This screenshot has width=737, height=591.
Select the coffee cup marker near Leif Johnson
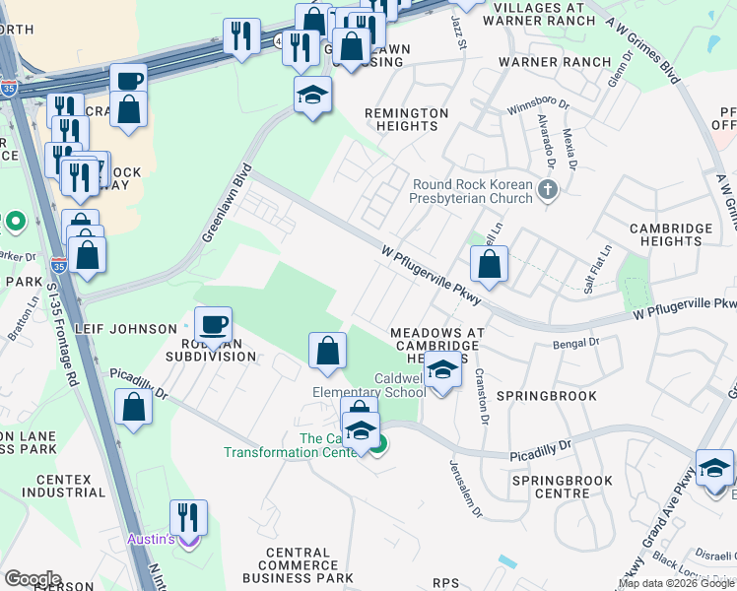pos(213,325)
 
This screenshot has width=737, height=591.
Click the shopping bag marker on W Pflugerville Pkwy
pos(489,265)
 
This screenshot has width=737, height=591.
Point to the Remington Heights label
pos(406,119)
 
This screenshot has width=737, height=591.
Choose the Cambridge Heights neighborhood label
pos(670,235)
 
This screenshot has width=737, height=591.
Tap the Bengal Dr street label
pos(577,343)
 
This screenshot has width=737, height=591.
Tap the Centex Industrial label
pos(49,486)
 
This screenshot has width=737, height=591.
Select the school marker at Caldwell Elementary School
pos(443,372)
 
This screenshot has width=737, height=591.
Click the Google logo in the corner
pos(33,579)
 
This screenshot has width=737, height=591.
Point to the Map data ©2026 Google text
pos(676,583)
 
